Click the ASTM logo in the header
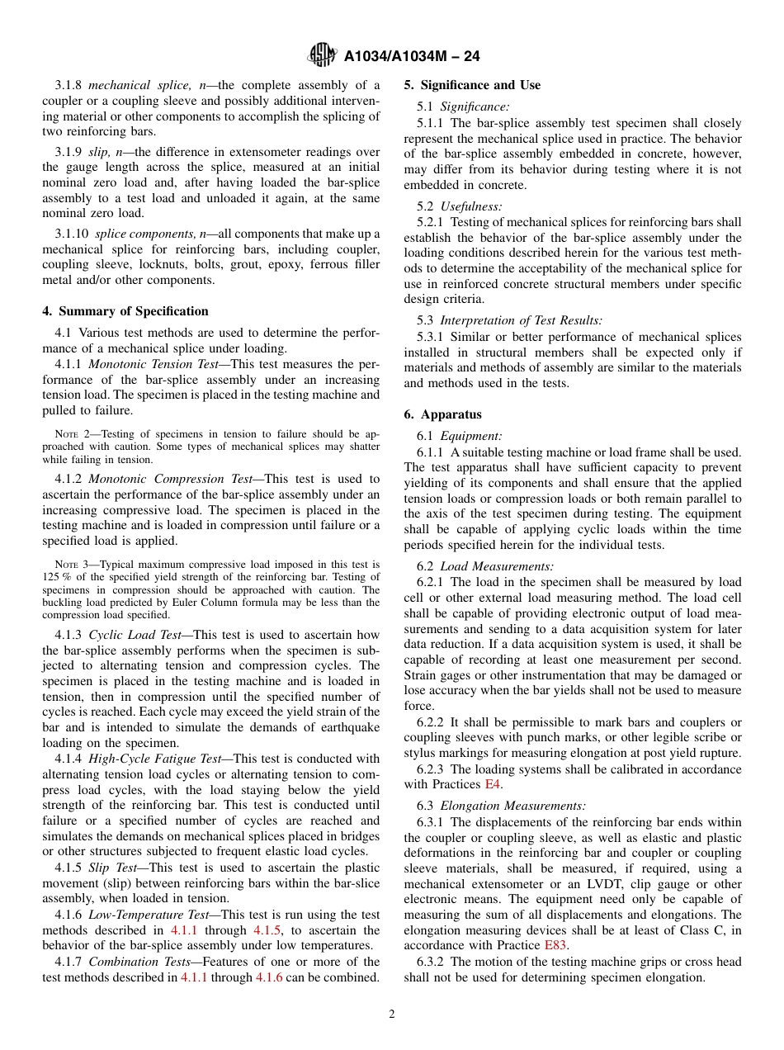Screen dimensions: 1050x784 pyautogui.click(x=322, y=55)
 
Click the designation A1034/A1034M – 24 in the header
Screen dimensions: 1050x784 pyautogui.click(x=411, y=56)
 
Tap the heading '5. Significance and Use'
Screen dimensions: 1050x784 pyautogui.click(x=472, y=85)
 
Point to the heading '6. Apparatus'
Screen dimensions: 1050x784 pyautogui.click(x=442, y=414)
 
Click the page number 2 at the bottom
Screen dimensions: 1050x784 pyautogui.click(x=392, y=1015)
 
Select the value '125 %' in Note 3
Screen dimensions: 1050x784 pyautogui.click(x=57, y=577)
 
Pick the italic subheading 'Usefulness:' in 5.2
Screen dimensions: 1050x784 pyautogui.click(x=470, y=206)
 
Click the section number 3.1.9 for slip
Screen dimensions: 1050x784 pyautogui.click(x=68, y=152)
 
